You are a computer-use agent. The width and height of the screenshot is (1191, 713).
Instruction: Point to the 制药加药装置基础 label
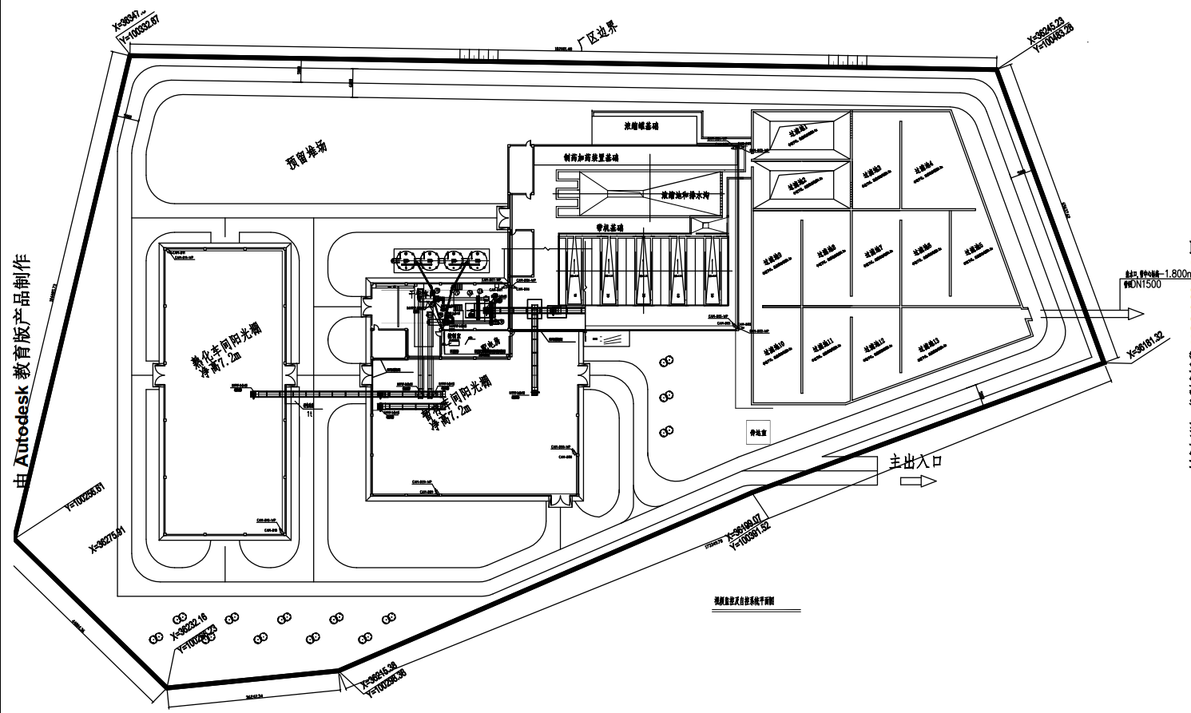tap(590, 158)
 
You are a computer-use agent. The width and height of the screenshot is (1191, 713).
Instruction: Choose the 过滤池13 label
tap(930, 347)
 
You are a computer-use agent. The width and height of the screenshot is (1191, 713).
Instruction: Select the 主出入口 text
tap(916, 461)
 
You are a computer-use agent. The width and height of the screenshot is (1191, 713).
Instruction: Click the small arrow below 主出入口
tap(918, 481)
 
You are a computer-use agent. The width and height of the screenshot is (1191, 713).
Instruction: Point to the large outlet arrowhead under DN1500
tap(1135, 315)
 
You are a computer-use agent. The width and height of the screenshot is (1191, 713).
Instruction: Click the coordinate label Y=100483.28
tap(1054, 39)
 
